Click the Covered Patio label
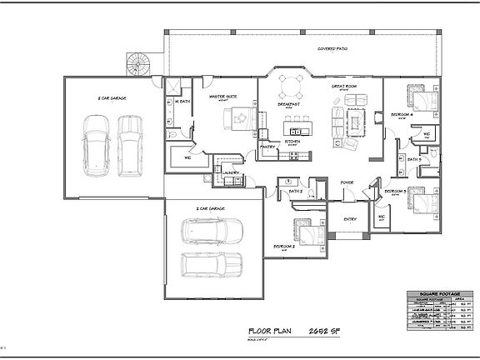coord(332,49)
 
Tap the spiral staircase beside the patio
coord(137,63)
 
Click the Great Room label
coord(345,85)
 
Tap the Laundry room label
coord(231,173)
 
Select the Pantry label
coord(267,147)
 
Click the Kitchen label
coord(292,142)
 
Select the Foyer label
coord(347,182)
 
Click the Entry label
coord(351,219)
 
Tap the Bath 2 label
coord(294,192)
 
